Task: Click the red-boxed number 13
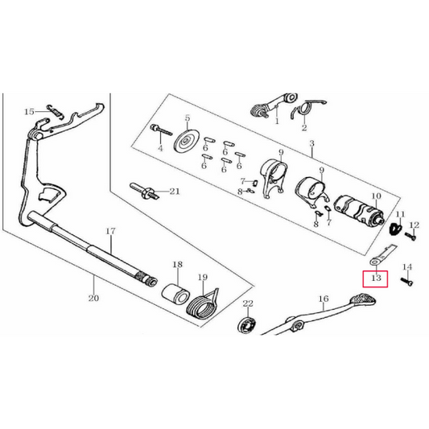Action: [x=376, y=278]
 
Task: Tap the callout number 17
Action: [x=110, y=232]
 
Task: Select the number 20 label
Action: [x=93, y=298]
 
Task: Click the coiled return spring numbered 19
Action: [x=202, y=304]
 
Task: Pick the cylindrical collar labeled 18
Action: [x=176, y=294]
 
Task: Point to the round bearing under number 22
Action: [x=246, y=324]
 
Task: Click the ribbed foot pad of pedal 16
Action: [x=363, y=299]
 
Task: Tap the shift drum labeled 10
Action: [x=359, y=209]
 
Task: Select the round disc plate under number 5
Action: [x=187, y=141]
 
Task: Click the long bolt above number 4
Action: [x=161, y=130]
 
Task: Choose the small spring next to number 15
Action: [x=56, y=111]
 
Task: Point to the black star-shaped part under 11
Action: [x=396, y=228]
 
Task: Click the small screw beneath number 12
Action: [x=410, y=236]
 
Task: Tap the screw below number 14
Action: [x=406, y=282]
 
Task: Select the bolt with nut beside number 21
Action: [x=143, y=191]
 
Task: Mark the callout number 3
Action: [x=312, y=143]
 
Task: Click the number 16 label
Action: [x=324, y=299]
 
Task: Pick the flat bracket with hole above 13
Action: [x=382, y=254]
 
